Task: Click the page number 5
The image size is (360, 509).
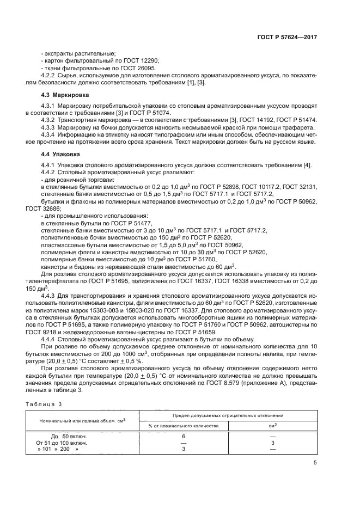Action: [x=315, y=463]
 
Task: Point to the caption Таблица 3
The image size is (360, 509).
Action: [x=45, y=404]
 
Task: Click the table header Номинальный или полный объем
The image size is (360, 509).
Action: [x=82, y=421]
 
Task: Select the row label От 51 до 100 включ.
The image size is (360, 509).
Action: [x=61, y=443]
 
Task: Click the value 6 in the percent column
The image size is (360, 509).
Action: [x=184, y=437]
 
